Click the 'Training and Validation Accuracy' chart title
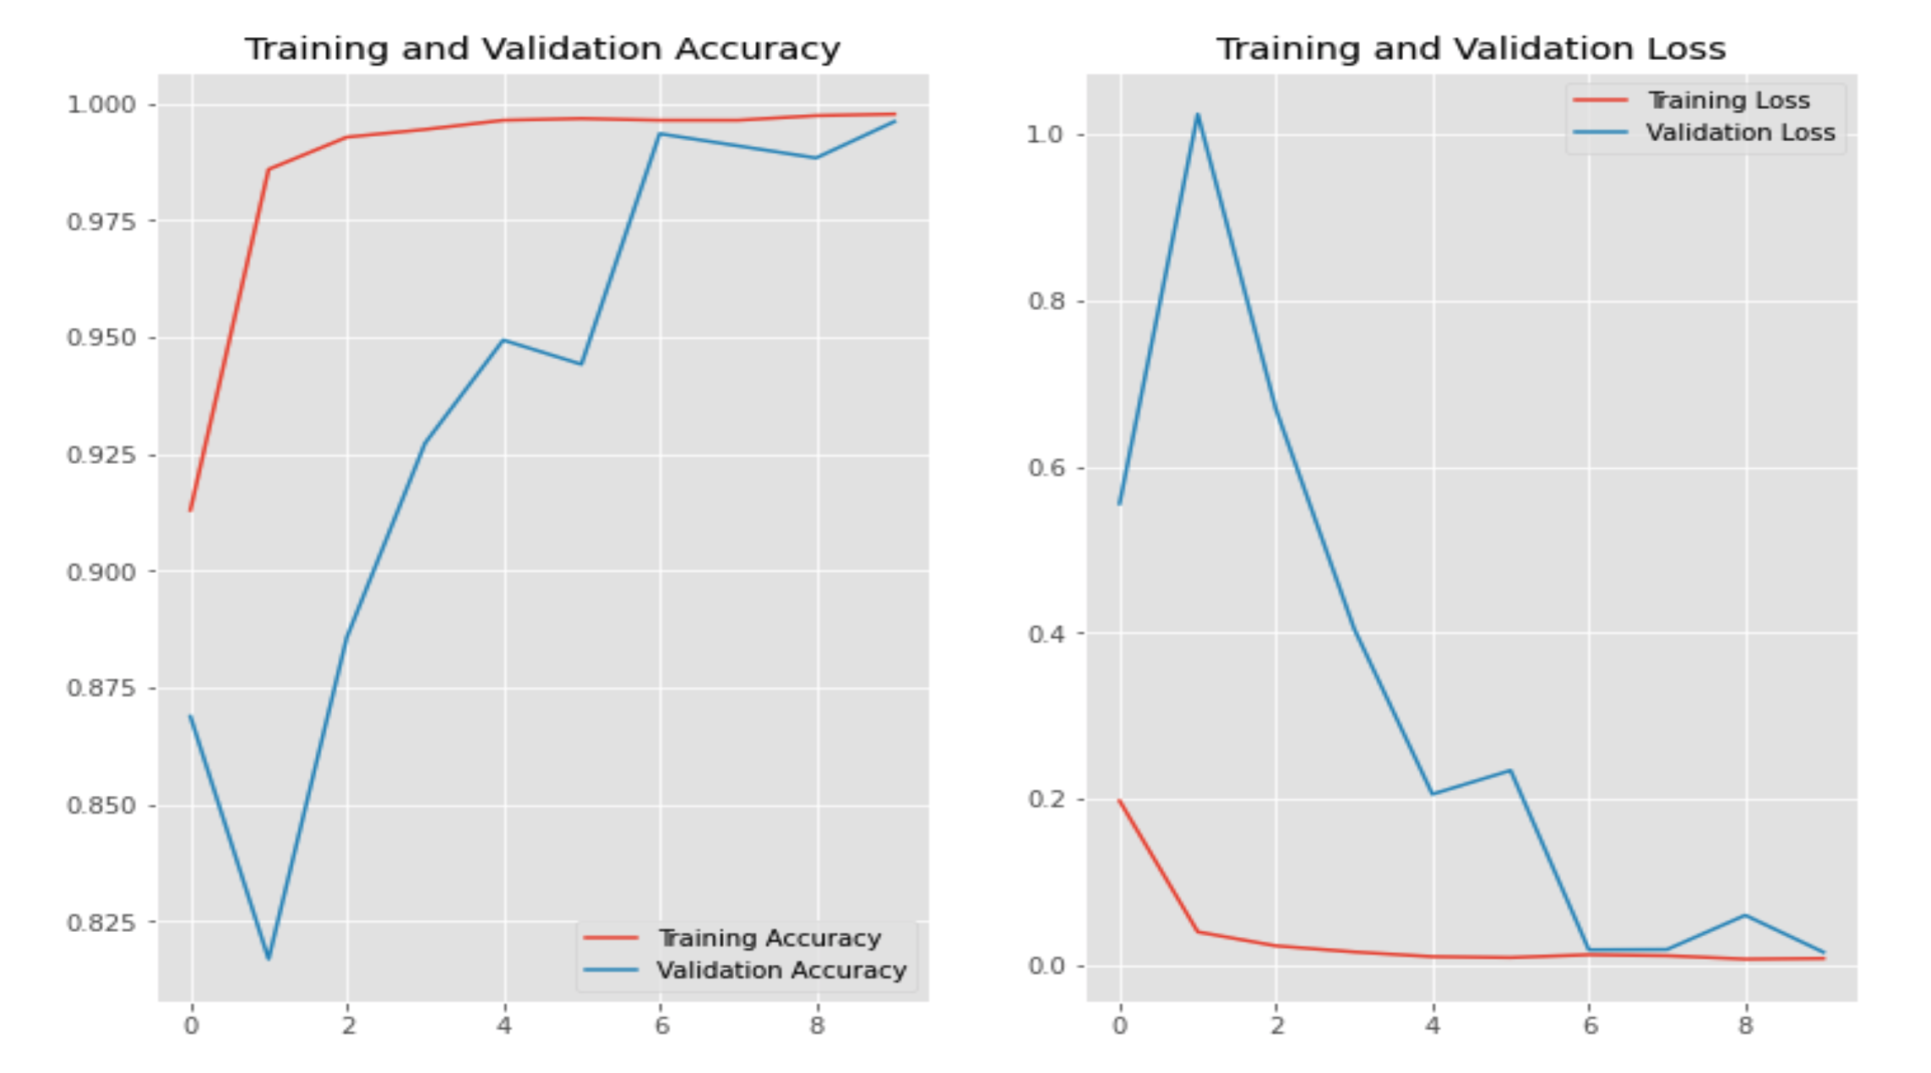point(542,49)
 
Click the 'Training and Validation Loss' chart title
point(1471,49)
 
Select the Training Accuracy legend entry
point(769,938)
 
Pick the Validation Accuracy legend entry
point(781,970)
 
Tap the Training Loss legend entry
point(1728,101)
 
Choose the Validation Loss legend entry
point(1740,133)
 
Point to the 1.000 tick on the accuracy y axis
point(101,105)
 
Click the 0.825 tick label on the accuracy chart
point(101,923)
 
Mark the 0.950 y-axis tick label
point(101,338)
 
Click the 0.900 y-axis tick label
point(101,572)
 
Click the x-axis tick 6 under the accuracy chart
point(661,1027)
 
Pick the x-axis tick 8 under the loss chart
point(1745,1027)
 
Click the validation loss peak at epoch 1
point(1198,115)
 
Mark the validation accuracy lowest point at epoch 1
point(269,958)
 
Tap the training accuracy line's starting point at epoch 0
point(191,509)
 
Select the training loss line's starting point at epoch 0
point(1120,801)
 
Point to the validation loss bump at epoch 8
point(1745,916)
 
